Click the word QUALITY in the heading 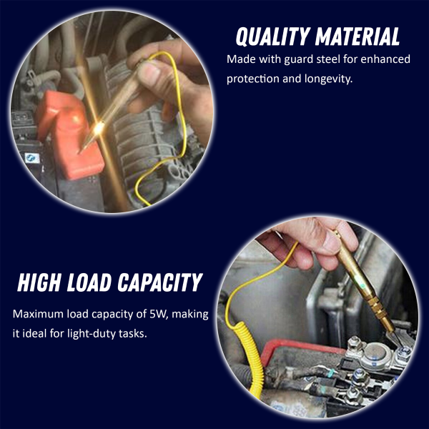point(272,36)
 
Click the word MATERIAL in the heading point(357,36)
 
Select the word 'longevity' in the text point(328,79)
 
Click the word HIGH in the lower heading point(39,282)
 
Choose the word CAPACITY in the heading point(160,282)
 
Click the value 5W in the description point(158,314)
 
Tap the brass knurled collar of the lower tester point(379,309)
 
